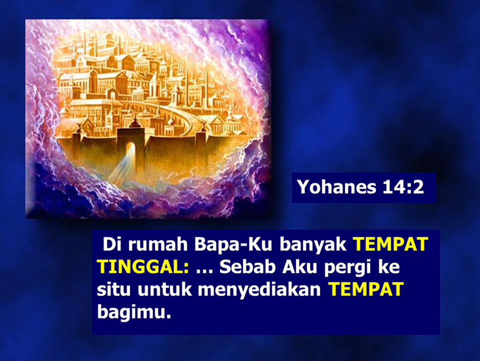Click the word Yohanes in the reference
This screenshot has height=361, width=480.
tap(337, 187)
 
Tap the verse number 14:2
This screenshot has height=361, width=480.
tap(403, 187)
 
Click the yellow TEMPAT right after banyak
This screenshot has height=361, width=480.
tap(391, 244)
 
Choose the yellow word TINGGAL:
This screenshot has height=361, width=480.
tap(143, 267)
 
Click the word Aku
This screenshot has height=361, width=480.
tap(299, 267)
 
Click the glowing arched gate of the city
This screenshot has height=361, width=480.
tap(130, 150)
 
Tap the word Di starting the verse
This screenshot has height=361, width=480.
tap(112, 244)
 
